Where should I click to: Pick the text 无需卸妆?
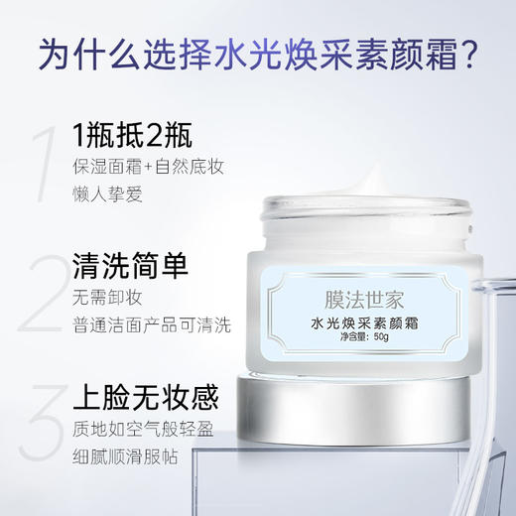103,296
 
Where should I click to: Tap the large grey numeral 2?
39,294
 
